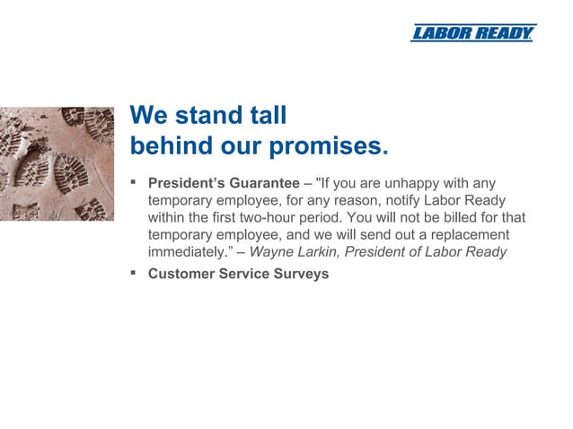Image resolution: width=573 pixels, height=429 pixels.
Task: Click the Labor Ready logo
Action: [x=472, y=33]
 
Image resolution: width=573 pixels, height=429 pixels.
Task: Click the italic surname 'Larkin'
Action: [x=320, y=252]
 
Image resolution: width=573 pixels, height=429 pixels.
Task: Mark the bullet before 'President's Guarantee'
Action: [x=134, y=182]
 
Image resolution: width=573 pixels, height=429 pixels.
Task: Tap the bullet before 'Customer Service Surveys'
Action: [x=134, y=273]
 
